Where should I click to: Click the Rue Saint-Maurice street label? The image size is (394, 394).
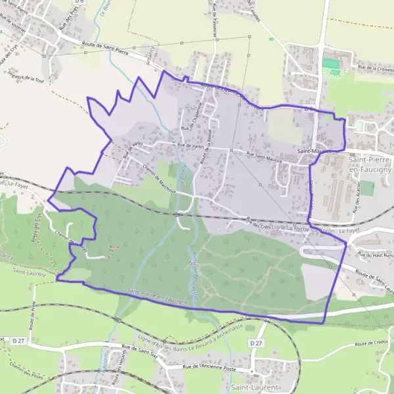click(262, 155)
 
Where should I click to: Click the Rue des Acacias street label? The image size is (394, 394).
click(355, 197)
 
